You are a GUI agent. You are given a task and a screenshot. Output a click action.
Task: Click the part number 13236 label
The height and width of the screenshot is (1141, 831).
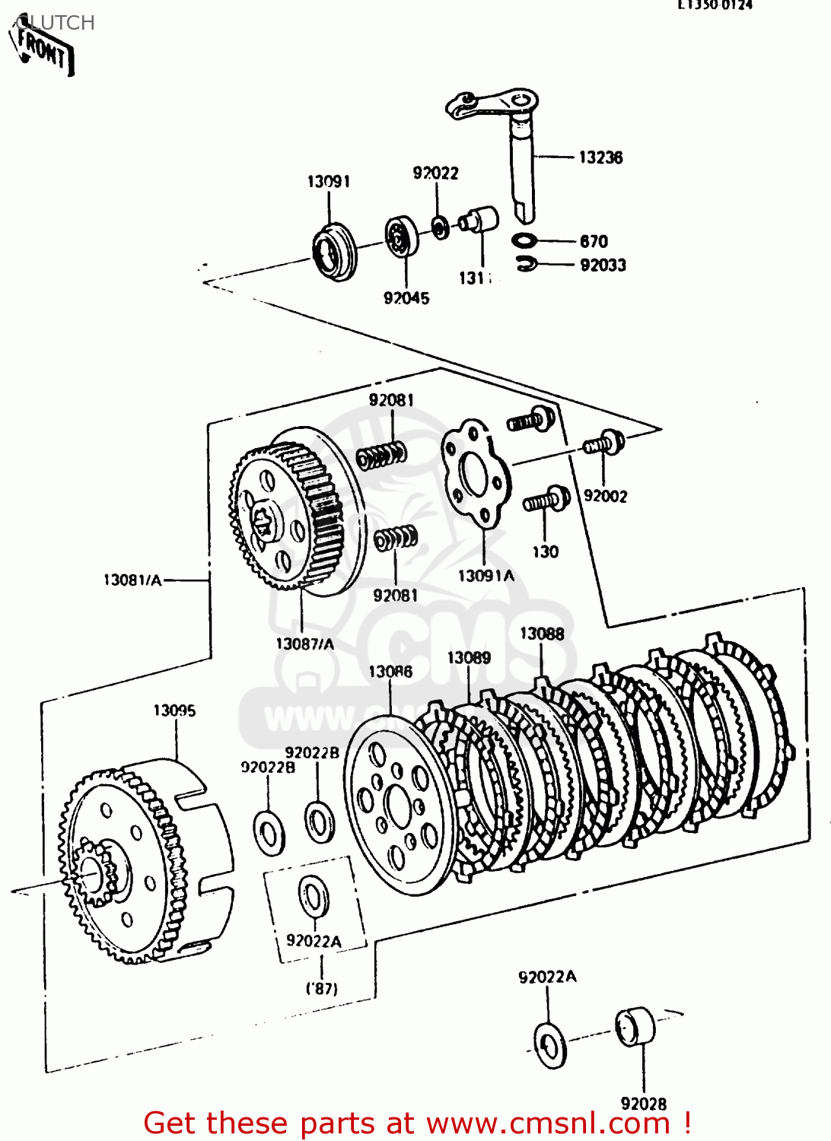point(600,157)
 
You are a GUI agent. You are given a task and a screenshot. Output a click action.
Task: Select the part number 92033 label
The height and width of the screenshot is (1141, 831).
point(603,265)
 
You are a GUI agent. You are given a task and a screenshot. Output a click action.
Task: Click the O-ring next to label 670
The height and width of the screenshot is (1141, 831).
point(524,240)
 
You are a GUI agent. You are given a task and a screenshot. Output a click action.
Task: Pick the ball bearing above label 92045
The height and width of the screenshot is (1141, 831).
point(401,237)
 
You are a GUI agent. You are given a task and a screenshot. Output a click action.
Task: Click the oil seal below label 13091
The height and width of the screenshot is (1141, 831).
point(334,250)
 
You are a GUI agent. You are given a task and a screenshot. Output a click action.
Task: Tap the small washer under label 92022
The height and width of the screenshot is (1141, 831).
point(440,227)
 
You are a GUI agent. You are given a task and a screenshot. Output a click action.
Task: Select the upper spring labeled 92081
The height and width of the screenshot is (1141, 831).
point(382,456)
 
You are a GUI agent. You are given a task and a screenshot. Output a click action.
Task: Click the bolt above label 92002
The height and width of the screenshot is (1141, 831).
point(605,443)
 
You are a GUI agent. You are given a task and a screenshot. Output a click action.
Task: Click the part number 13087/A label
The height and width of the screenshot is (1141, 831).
point(304,644)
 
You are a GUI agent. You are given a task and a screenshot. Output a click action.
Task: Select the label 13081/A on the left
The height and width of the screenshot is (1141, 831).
point(132,580)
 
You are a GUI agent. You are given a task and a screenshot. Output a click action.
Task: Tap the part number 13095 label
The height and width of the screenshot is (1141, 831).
point(174,710)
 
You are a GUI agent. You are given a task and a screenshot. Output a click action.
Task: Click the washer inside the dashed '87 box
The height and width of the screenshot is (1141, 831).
point(313,897)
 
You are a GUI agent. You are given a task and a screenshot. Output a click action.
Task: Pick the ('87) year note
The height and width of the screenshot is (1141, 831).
point(322,989)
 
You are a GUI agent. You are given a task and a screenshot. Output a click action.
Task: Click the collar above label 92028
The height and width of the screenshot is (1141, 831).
point(635,1027)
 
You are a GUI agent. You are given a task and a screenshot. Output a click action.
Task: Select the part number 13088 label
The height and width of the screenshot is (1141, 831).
point(542,634)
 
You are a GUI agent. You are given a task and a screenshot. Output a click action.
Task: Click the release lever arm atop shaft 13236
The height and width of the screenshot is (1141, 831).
point(491,103)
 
